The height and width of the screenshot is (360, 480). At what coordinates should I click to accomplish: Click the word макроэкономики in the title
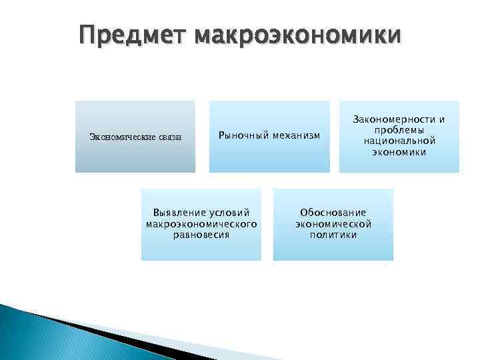[x=297, y=35]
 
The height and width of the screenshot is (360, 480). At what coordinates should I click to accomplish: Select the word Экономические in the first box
[x=123, y=137]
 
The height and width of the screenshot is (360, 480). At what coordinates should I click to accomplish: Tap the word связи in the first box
[x=170, y=137]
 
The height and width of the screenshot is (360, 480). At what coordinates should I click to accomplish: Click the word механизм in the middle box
[x=294, y=136]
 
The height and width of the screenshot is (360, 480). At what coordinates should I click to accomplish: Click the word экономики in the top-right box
[x=399, y=152]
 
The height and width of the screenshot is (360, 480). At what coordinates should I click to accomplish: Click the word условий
[x=229, y=213]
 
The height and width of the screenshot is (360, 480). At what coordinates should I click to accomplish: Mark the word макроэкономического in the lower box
[x=201, y=224]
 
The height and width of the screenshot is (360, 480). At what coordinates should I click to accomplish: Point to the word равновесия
[x=201, y=235]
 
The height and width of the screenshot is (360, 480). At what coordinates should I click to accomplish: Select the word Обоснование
[x=333, y=213]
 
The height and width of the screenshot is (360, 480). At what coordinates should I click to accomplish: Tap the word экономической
[x=333, y=224]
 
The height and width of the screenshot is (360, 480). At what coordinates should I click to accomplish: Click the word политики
[x=333, y=235]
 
